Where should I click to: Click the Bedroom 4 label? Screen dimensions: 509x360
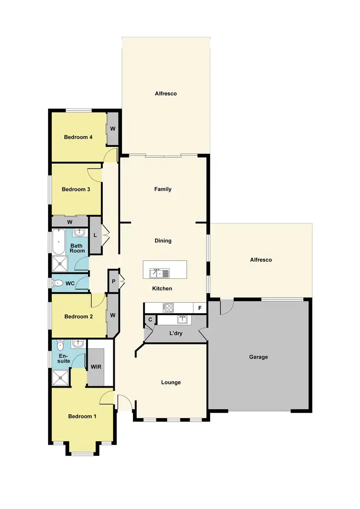tap(78, 137)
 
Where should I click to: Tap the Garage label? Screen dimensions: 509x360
tap(259, 357)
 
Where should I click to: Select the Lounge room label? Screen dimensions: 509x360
tap(171, 382)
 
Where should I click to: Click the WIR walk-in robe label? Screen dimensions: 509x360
tap(96, 367)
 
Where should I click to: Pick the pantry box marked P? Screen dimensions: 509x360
tap(114, 282)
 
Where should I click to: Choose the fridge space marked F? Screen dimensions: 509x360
tap(199, 307)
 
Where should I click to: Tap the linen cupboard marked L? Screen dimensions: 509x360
tap(96, 235)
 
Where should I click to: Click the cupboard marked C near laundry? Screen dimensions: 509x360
tap(150, 320)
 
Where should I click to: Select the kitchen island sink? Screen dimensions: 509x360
tap(159, 274)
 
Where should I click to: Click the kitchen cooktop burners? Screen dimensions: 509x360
tap(168, 307)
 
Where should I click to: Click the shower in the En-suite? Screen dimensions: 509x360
tap(60, 379)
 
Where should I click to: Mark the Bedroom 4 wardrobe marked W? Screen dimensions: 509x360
tap(113, 129)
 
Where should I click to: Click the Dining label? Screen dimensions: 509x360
tap(163, 241)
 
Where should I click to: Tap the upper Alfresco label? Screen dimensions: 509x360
tap(166, 94)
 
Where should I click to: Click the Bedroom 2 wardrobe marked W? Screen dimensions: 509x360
tap(113, 315)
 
